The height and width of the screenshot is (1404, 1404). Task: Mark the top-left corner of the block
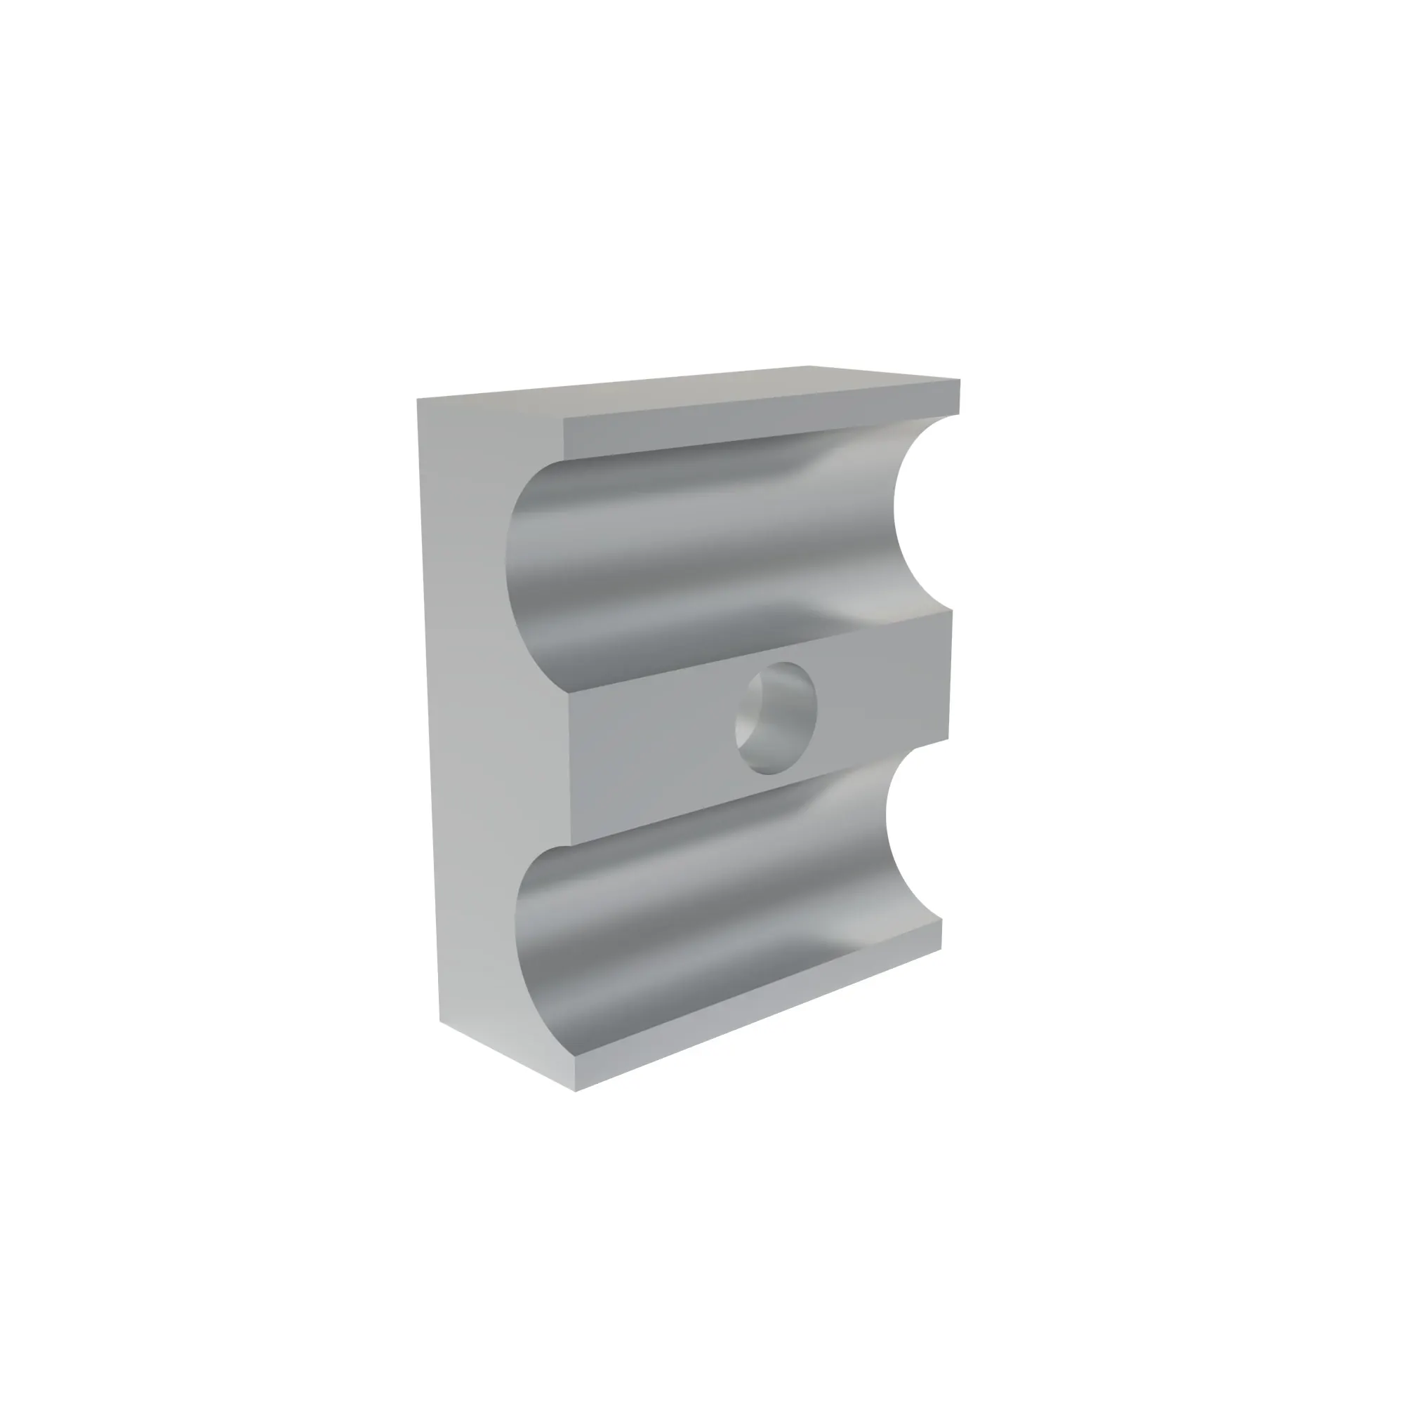418,399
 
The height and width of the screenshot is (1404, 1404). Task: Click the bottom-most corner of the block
575,1091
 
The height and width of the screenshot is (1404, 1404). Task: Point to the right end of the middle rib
948,676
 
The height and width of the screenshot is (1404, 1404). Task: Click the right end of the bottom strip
941,934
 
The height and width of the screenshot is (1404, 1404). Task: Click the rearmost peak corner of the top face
809,366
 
